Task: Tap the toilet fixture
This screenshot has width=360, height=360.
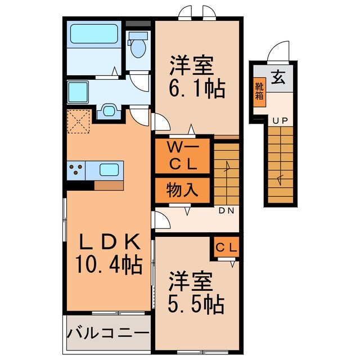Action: [137, 45]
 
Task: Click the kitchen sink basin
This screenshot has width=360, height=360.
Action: [109, 168]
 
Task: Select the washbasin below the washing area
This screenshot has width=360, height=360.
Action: [108, 111]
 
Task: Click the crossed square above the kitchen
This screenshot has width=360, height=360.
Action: [79, 122]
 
